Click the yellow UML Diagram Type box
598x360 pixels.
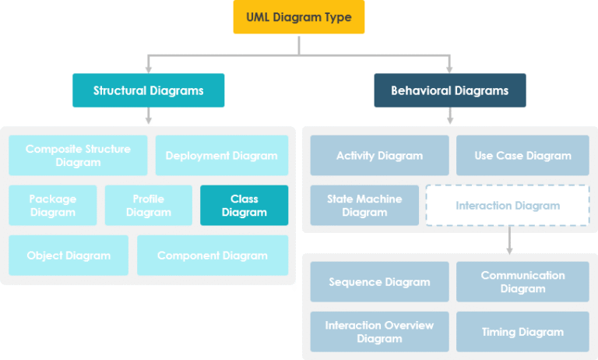pos(299,16)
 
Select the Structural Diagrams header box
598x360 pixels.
pos(148,90)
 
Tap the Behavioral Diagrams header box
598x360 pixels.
pos(449,90)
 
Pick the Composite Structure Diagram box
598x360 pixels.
pos(78,155)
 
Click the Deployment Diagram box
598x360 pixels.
pos(221,155)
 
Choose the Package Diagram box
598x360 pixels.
pos(53,205)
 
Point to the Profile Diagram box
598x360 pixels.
pos(148,205)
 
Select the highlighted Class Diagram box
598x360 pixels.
pos(244,205)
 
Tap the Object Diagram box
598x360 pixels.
pos(69,256)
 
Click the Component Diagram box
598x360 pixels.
pos(212,256)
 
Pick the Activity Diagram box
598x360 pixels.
pos(379,155)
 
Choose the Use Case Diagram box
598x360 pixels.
pos(522,155)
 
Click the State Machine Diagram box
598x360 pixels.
pos(364,205)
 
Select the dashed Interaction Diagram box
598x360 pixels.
pos(508,206)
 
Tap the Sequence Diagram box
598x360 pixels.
pos(379,281)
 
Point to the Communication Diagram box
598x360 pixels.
pos(522,281)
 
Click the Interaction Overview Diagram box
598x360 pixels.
pos(379,331)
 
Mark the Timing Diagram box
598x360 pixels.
pos(522,331)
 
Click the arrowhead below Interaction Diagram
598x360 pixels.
pos(508,249)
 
